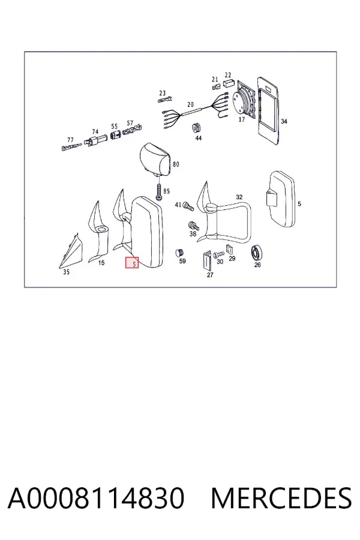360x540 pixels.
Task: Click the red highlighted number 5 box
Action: (x=131, y=263)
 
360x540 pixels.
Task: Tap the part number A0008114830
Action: (x=96, y=498)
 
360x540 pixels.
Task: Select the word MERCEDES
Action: (x=281, y=498)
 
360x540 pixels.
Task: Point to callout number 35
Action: (x=66, y=272)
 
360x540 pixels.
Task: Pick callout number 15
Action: (x=101, y=263)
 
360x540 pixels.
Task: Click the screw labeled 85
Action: (x=158, y=191)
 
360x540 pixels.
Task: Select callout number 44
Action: (x=198, y=139)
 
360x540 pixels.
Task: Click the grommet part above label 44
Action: (x=196, y=128)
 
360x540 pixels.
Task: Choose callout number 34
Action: (x=284, y=122)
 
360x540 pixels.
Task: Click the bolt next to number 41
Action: (x=188, y=206)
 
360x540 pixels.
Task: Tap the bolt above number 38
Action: (x=194, y=226)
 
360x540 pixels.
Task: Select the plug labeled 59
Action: (x=179, y=253)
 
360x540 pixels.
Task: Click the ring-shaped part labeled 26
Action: (x=256, y=253)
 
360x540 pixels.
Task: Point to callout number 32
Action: (x=239, y=197)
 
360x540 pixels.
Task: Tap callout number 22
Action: (x=228, y=75)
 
